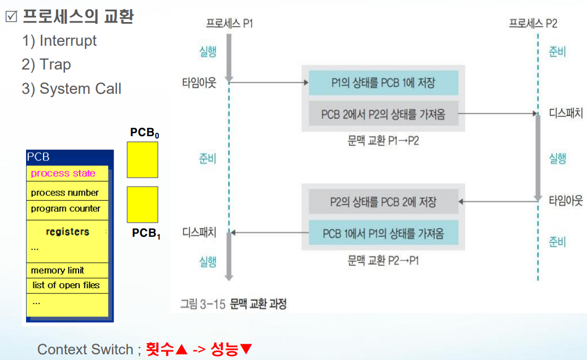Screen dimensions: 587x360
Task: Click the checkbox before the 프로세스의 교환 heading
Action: [x=11, y=17]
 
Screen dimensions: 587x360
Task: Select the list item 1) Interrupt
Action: [x=59, y=41]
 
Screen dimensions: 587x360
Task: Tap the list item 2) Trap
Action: [x=46, y=64]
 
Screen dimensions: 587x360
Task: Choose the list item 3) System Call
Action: [x=71, y=89]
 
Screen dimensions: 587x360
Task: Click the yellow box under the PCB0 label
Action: [x=143, y=159]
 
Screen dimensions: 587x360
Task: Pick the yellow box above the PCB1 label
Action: [x=143, y=205]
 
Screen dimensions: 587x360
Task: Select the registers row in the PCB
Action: [x=67, y=232]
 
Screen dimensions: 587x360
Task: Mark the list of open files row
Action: [x=66, y=285]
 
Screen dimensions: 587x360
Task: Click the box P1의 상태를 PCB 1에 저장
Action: [x=383, y=83]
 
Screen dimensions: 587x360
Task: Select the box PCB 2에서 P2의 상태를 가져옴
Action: [x=383, y=114]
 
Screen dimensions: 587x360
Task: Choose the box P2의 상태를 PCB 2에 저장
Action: [x=383, y=201]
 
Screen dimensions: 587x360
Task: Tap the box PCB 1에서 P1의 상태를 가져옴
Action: [x=383, y=233]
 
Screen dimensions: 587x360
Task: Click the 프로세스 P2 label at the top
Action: [x=533, y=23]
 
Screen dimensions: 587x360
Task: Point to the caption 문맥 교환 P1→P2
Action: [x=383, y=140]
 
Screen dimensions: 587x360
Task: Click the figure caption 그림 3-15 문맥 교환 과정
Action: [x=233, y=304]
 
